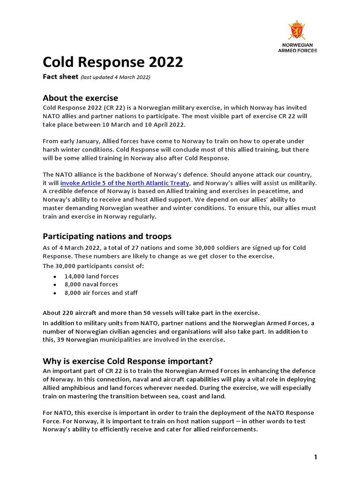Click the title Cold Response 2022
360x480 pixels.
(x=112, y=62)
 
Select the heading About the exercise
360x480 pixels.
(x=80, y=97)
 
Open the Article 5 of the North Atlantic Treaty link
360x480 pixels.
(x=124, y=183)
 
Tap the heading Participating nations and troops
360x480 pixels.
(x=107, y=236)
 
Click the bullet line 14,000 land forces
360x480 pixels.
(x=91, y=276)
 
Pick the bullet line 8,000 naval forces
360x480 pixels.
(x=91, y=284)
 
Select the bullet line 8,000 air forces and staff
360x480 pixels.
(x=101, y=292)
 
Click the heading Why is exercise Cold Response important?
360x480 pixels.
(x=127, y=361)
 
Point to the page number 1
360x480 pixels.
(x=316, y=457)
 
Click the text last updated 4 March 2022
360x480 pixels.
(x=115, y=77)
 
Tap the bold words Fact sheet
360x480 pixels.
(x=60, y=76)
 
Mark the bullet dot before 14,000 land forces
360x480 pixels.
(x=55, y=277)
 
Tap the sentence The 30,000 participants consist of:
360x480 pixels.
(x=93, y=266)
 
